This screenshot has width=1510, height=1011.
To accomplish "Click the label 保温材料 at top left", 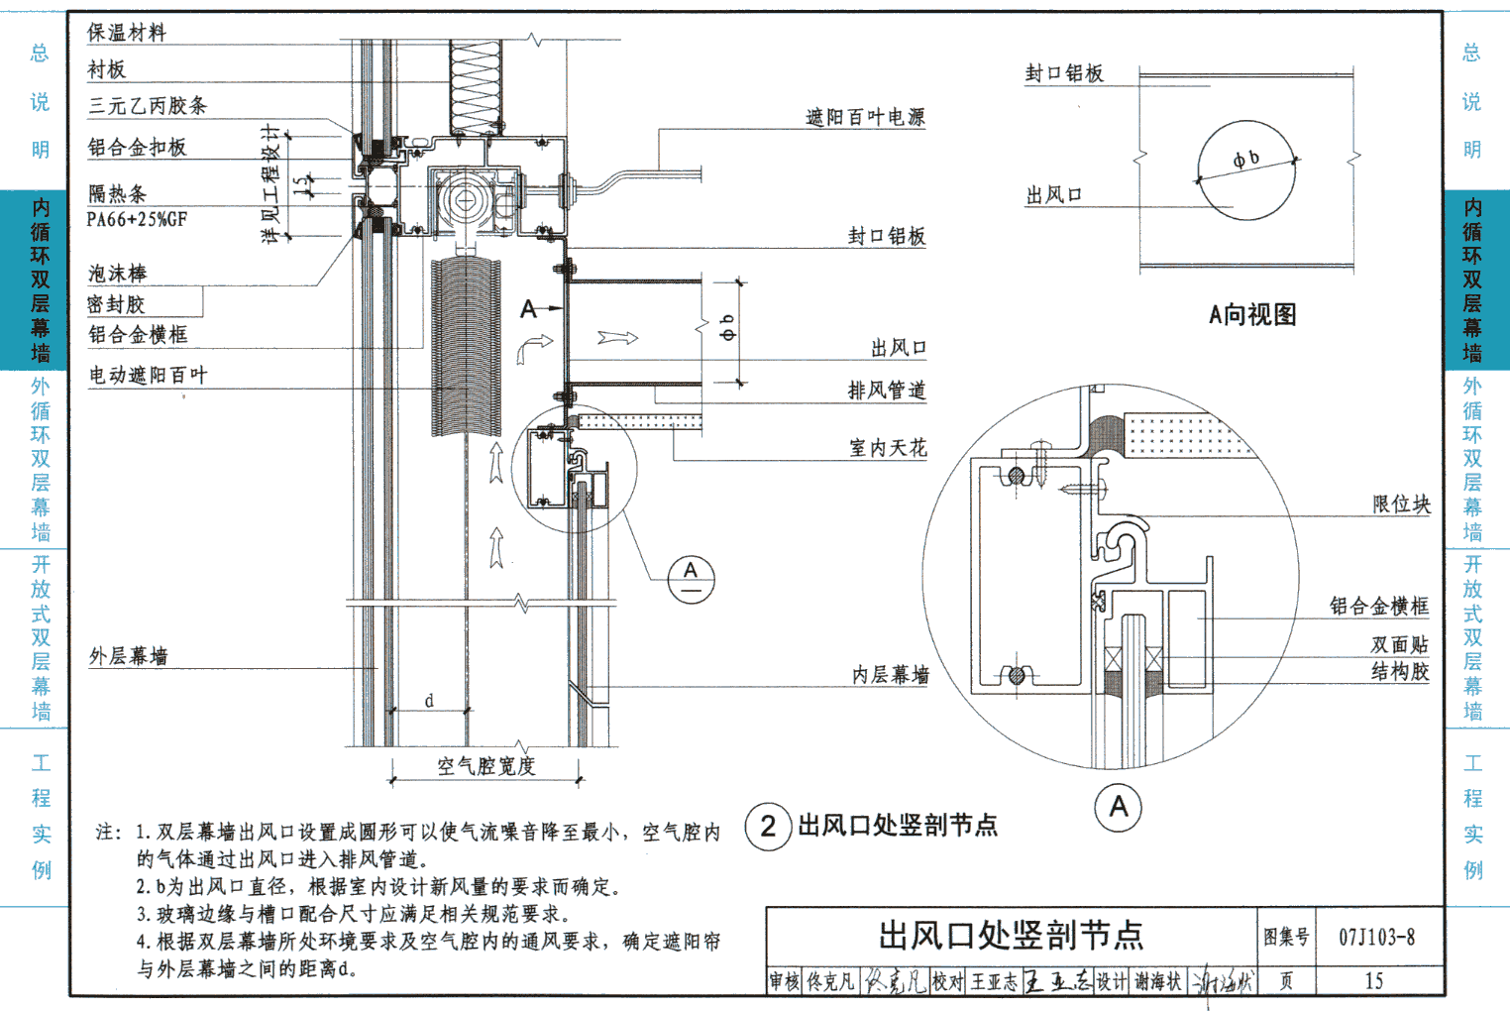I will (x=126, y=33).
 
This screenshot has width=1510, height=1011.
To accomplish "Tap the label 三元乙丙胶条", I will (x=147, y=106).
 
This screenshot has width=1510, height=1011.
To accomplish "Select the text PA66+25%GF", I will (x=137, y=219).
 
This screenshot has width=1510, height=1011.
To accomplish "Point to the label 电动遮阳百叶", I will (x=148, y=375).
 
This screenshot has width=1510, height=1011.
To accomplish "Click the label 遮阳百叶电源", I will (x=865, y=117).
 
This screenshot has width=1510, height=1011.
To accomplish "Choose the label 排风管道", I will (x=887, y=391).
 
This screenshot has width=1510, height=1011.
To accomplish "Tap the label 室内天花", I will (x=888, y=448).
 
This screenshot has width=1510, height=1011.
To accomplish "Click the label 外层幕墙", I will (x=128, y=656).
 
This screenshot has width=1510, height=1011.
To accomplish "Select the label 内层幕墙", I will (x=891, y=675).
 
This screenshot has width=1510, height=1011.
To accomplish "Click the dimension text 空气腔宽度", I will (x=485, y=765).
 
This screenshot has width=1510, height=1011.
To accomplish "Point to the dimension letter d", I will (x=429, y=701).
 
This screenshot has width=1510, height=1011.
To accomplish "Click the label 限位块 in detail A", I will (x=1401, y=505).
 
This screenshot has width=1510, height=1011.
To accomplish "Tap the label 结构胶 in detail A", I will (x=1400, y=672).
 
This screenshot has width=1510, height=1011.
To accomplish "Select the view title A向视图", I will (x=1252, y=315).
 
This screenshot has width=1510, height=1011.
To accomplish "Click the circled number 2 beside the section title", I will (x=768, y=826).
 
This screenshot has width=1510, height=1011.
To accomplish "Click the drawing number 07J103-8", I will (x=1376, y=937).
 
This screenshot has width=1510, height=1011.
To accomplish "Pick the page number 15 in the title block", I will (x=1373, y=981).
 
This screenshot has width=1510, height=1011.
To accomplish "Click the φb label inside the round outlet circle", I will (x=1245, y=159).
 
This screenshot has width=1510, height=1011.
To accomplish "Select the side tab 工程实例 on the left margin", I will (x=41, y=816).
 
